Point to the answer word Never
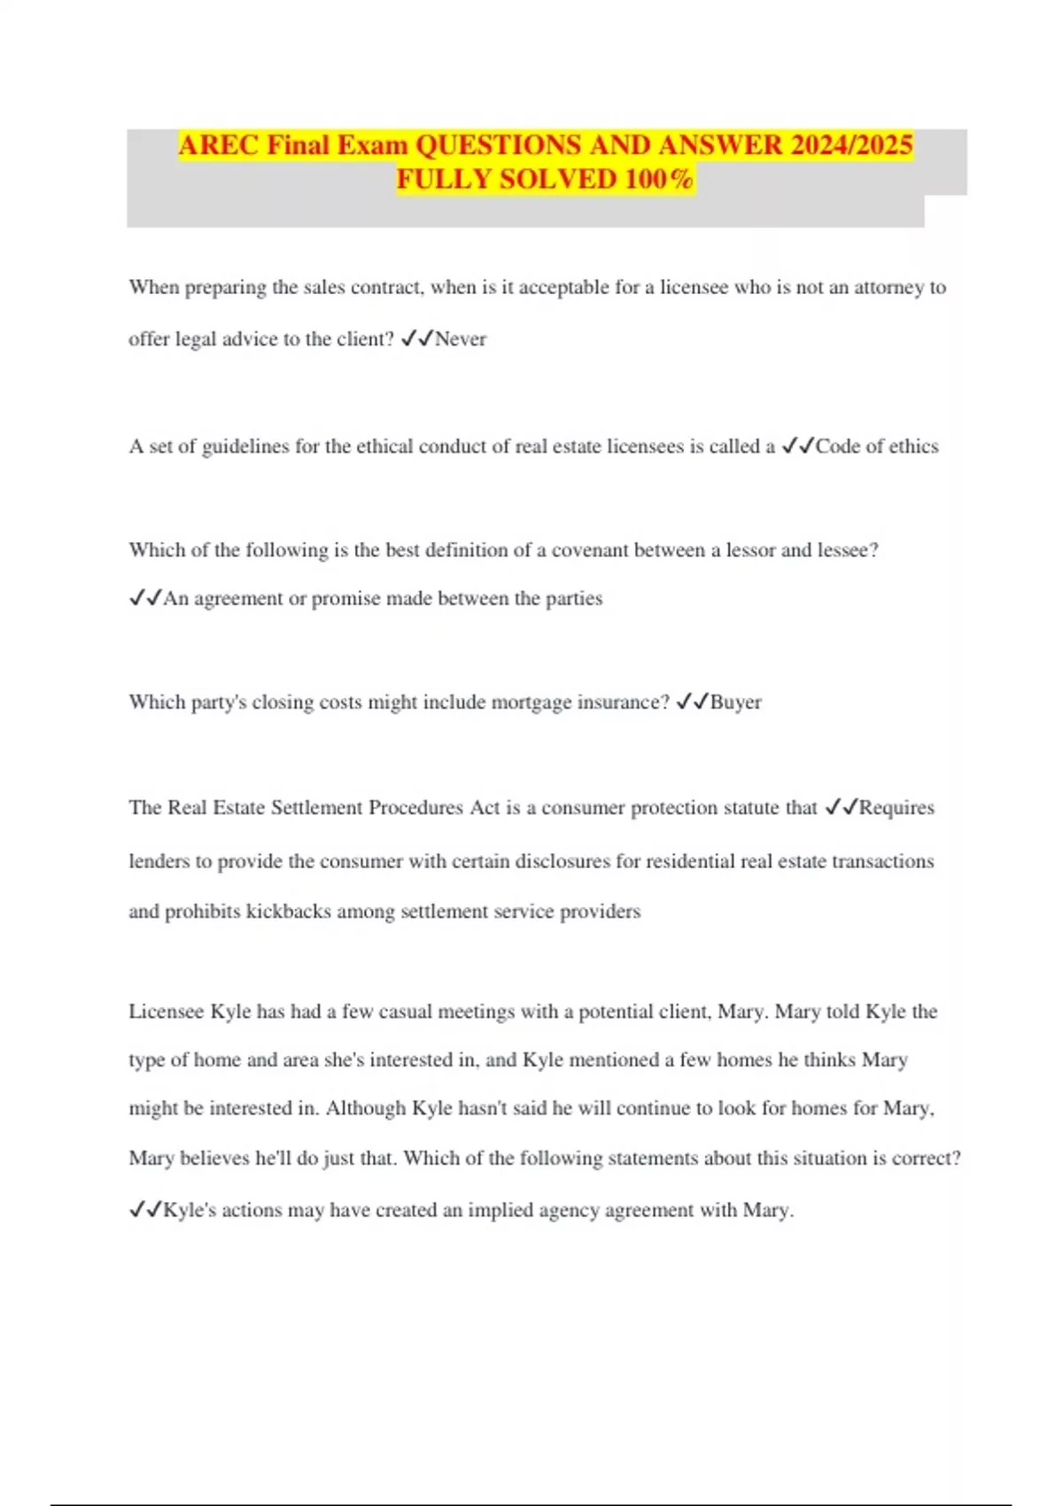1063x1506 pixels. (x=461, y=339)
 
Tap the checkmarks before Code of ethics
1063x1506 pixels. (x=797, y=446)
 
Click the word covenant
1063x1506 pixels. (x=584, y=550)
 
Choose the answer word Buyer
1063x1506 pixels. (x=735, y=703)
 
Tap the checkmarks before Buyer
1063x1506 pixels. (x=692, y=703)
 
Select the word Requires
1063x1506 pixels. (x=896, y=808)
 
